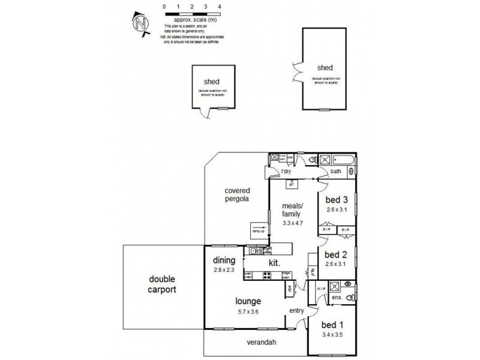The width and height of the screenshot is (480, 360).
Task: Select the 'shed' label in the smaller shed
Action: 211,82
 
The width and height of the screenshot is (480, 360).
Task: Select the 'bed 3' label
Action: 337,200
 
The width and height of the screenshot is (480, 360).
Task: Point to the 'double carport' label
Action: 163,285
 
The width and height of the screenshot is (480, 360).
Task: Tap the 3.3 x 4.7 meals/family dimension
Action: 293,223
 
